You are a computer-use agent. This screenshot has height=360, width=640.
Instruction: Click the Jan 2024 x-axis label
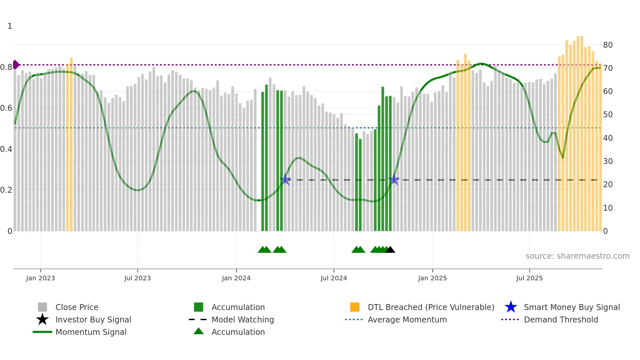click(236, 278)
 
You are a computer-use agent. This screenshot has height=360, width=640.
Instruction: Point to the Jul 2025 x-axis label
click(529, 278)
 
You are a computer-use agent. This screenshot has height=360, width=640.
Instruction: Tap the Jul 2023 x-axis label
click(137, 278)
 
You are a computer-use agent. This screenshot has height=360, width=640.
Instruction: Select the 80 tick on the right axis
click(608, 45)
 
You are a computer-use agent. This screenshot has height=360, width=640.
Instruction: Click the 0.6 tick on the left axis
click(6, 108)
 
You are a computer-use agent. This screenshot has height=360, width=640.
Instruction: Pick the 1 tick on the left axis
click(10, 26)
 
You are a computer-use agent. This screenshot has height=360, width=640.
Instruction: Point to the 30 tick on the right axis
click(608, 161)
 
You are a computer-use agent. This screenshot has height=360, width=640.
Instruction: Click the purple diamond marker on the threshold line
click(16, 65)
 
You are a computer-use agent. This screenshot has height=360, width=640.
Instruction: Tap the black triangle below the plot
click(390, 250)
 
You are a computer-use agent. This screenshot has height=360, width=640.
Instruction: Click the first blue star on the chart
click(285, 179)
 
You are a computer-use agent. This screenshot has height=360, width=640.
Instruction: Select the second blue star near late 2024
click(394, 179)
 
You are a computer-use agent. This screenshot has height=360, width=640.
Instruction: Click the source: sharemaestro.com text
click(577, 256)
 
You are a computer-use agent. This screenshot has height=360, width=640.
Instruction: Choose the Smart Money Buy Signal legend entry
click(571, 307)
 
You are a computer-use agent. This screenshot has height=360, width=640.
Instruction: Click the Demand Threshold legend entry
click(561, 319)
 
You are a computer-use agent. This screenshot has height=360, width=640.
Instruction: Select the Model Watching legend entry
click(242, 319)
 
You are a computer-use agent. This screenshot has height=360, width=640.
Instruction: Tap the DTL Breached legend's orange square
click(355, 307)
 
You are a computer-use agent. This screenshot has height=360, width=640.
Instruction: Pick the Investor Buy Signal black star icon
click(42, 319)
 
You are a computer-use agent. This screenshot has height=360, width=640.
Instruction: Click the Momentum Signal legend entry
click(91, 332)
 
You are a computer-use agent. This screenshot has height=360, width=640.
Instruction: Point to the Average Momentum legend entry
click(407, 319)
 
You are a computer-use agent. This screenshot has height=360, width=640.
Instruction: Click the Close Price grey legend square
click(42, 307)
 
